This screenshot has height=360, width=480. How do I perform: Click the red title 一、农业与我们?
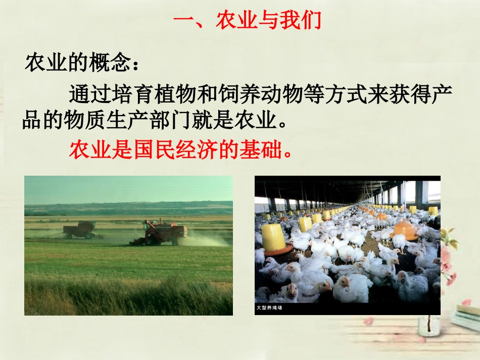pos(247,21)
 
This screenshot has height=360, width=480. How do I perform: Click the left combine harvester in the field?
pos(79,229)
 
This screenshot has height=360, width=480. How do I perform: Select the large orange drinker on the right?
pos(403,230)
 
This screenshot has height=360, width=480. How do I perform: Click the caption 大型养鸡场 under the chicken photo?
pos(269,307)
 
